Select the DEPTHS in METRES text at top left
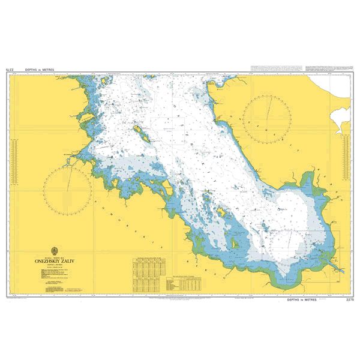click(x=40, y=70)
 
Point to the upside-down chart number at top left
click(x=9, y=70)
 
